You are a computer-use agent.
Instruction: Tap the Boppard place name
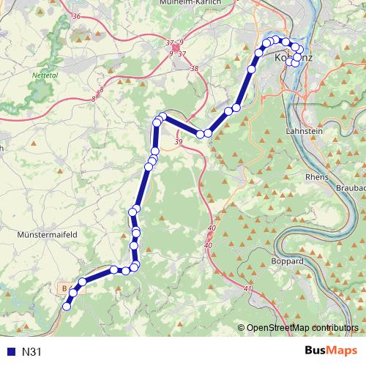coord(288,261)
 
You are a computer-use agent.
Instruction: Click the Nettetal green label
coord(44,75)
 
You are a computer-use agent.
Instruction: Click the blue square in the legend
coord(10,351)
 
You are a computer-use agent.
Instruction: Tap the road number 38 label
coord(194,69)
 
